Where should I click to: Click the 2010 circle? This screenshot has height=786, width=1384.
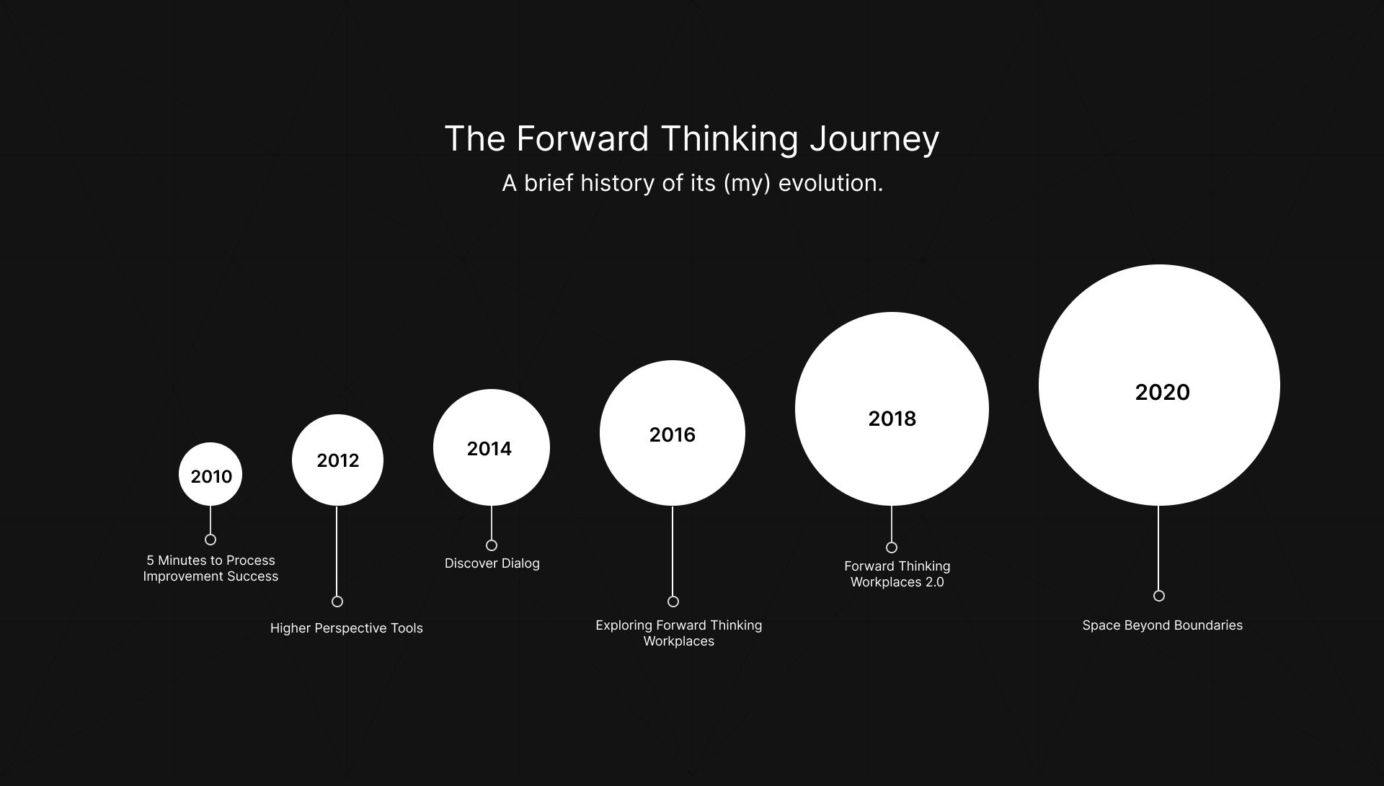point(210,474)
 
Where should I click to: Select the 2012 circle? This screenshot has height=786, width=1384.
point(337,460)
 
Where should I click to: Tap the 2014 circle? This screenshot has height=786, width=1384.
point(492,447)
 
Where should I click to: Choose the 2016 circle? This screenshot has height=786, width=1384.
point(673,433)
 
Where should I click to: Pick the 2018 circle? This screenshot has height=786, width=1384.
point(892,409)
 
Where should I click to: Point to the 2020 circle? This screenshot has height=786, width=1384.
point(1159,385)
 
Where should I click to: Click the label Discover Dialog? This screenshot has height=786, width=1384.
point(492,563)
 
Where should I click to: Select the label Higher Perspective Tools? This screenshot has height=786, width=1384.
point(347,628)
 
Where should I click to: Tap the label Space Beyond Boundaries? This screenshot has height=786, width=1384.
point(1163,625)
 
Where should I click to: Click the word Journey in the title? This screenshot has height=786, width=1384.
point(874,140)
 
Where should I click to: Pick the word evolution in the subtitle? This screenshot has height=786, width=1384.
point(830,183)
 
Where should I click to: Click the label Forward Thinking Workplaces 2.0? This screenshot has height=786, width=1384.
point(897,574)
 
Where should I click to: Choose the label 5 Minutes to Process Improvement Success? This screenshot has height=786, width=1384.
point(210,568)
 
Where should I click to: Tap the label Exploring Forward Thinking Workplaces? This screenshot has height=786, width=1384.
point(679,633)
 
